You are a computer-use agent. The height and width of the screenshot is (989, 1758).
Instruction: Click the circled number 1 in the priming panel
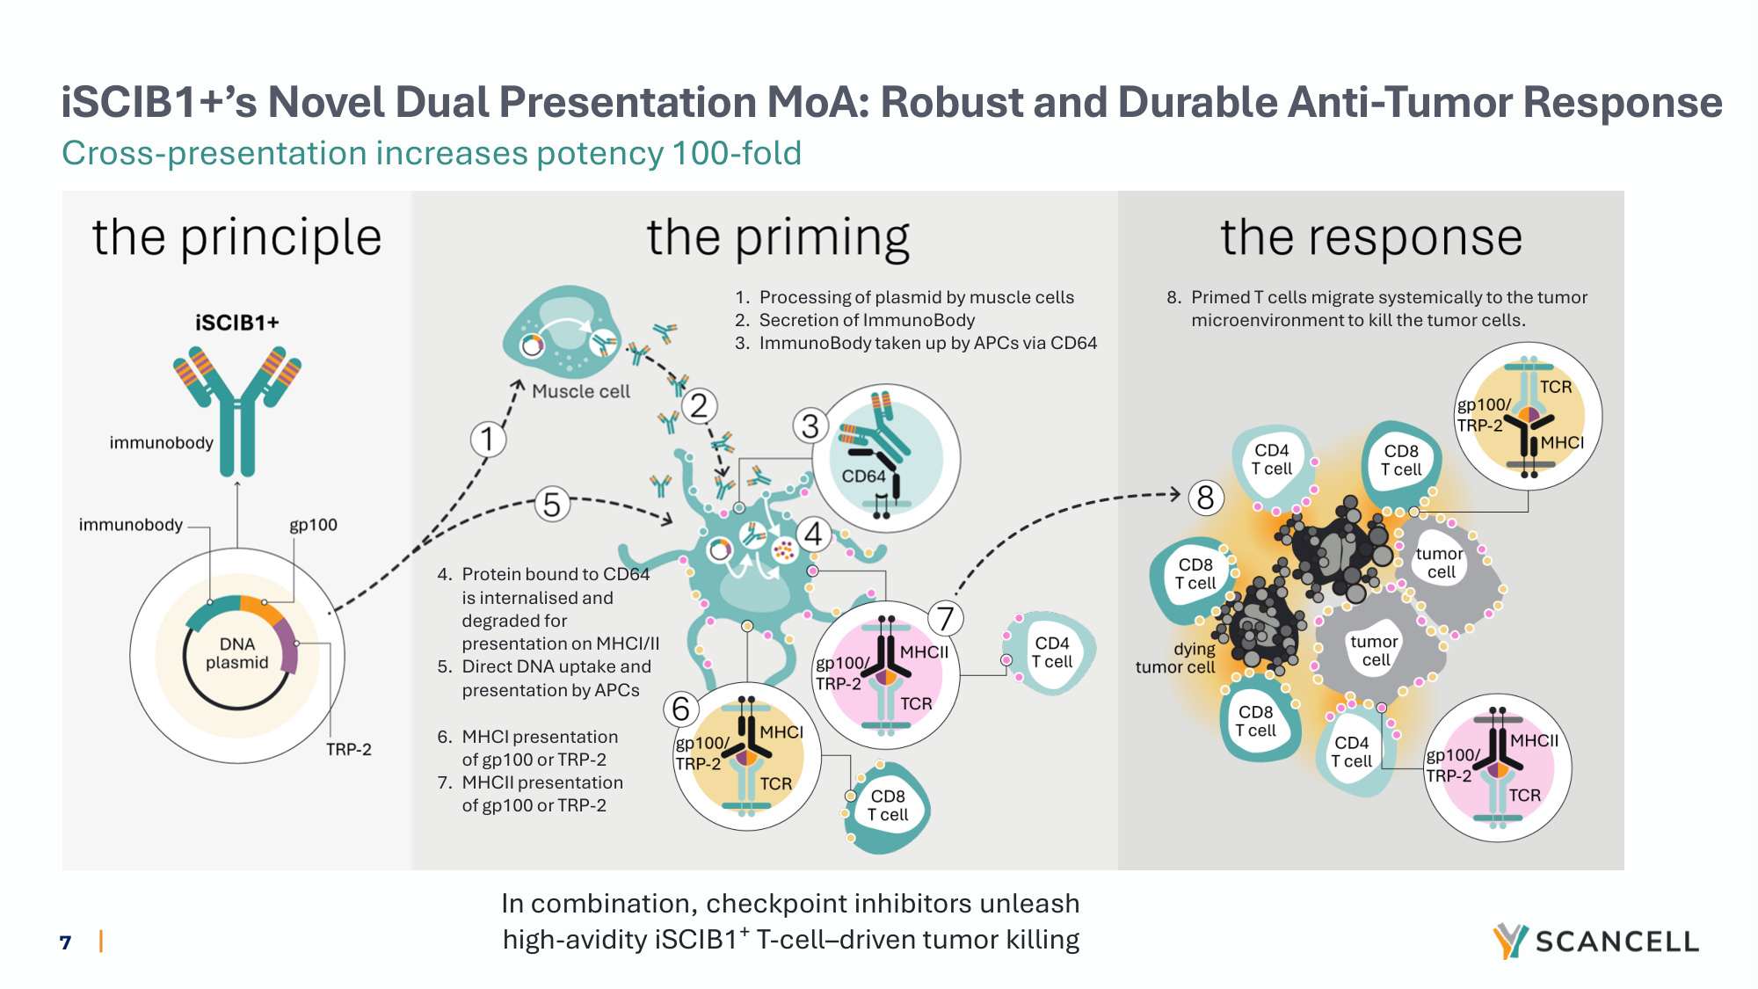pos(488,439)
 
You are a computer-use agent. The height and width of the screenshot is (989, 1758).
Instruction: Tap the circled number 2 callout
pos(699,406)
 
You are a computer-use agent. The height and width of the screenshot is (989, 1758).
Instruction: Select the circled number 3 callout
pos(810,426)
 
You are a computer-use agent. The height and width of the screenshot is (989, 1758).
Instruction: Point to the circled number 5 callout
pos(552,505)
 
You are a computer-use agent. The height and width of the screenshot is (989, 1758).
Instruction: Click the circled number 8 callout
pos(1206,498)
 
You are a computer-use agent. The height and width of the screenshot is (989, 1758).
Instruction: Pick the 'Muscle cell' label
pos(581,391)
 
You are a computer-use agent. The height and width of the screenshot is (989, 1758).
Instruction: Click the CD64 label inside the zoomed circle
pos(863,476)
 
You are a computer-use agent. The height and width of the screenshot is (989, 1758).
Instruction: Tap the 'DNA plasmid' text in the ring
pos(237,653)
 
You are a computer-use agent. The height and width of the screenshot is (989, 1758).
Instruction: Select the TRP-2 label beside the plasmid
pos(349,749)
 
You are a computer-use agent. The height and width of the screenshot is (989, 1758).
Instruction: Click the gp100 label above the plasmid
pos(314,525)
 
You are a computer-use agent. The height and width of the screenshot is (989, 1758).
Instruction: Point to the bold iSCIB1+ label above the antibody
pos(237,323)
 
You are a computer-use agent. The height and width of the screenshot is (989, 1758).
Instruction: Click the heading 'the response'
pos(1371,237)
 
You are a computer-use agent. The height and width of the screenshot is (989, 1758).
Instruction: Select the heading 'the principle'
pos(237,237)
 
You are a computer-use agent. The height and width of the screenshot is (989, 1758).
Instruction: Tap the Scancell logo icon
pos(1510,941)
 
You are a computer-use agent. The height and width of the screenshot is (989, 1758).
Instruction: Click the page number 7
pos(65,942)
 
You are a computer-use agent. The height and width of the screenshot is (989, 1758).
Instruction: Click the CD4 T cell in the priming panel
pos(1052,653)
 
